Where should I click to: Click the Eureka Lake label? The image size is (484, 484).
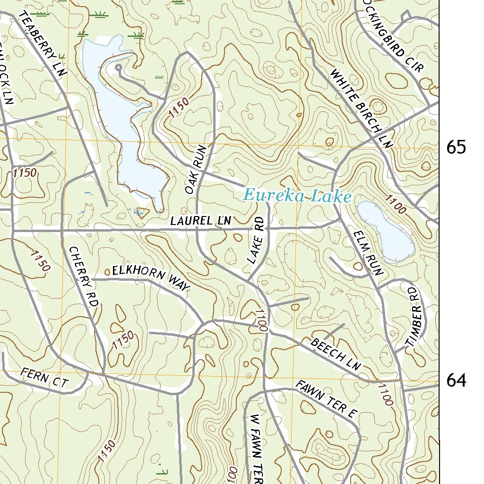coord(297,196)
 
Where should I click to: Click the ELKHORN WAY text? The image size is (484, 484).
coord(151,279)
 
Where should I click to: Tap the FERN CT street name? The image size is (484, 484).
coord(45,379)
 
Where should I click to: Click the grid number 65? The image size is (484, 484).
coord(456,148)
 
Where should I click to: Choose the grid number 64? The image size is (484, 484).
coord(456,380)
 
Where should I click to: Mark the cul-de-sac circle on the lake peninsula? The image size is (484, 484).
coord(118,68)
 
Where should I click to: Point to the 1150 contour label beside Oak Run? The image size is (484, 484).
coord(178,107)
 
